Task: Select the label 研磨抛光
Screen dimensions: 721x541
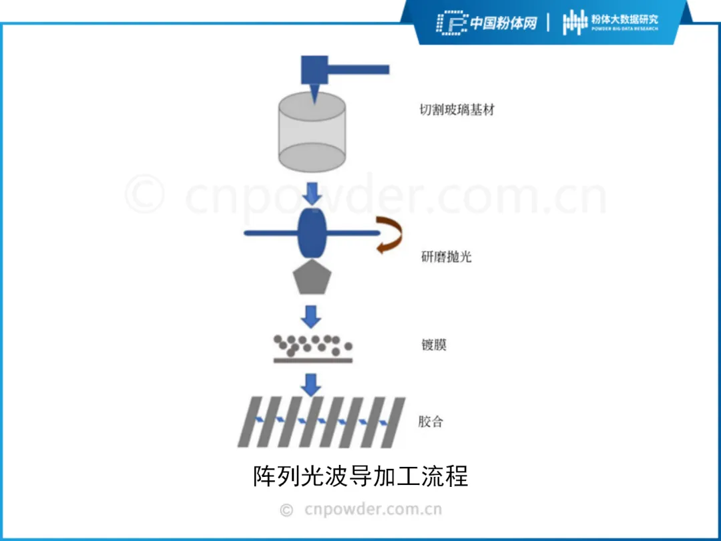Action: point(446,256)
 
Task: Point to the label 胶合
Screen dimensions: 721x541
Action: point(431,422)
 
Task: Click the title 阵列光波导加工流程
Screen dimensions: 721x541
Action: point(360,476)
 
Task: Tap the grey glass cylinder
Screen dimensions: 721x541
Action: point(311,134)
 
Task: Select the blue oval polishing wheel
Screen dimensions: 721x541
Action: point(310,233)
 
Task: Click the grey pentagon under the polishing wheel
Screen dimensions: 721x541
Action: point(310,278)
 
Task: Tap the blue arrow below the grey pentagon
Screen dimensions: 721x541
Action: point(310,315)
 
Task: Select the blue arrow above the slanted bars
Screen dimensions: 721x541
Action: point(310,384)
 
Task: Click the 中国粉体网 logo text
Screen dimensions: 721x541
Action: point(503,23)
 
